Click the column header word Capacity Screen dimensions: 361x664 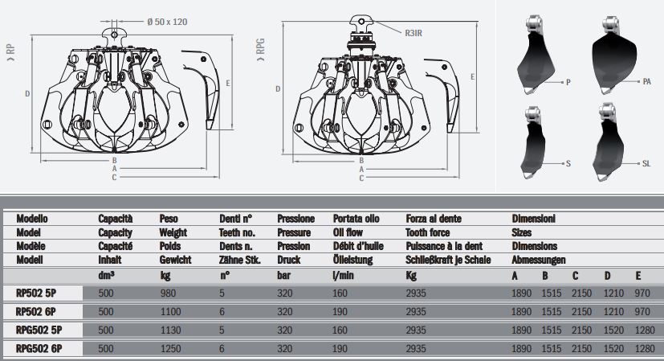tap(115, 232)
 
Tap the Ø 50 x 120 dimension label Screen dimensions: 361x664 tap(166, 22)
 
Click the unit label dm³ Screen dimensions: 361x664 tap(105, 276)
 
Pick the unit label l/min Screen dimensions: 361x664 tap(343, 276)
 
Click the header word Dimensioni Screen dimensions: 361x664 tap(534, 218)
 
